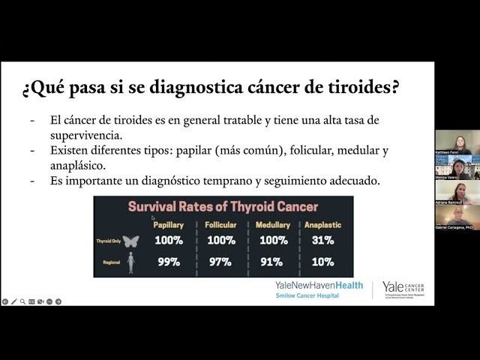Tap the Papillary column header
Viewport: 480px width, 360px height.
click(168, 225)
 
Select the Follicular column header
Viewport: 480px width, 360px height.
click(220, 225)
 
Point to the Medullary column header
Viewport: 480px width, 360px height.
click(273, 225)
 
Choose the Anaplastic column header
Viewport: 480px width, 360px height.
click(323, 225)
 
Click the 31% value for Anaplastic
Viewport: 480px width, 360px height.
click(323, 241)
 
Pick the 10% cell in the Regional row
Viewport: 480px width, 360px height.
click(323, 262)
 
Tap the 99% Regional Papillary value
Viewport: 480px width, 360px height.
click(168, 262)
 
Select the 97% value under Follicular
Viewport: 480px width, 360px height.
click(220, 262)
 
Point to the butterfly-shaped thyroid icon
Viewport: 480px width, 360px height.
click(130, 241)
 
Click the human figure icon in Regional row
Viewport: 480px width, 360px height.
click(130, 262)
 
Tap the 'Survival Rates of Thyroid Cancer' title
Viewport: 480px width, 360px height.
click(223, 207)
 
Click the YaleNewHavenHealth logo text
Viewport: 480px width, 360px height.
click(319, 286)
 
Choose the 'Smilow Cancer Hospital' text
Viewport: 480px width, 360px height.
click(307, 295)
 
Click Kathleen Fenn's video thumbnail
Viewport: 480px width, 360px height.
click(454, 142)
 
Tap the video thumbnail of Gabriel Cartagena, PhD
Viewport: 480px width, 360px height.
click(454, 217)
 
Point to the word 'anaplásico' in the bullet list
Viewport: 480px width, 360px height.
click(78, 165)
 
